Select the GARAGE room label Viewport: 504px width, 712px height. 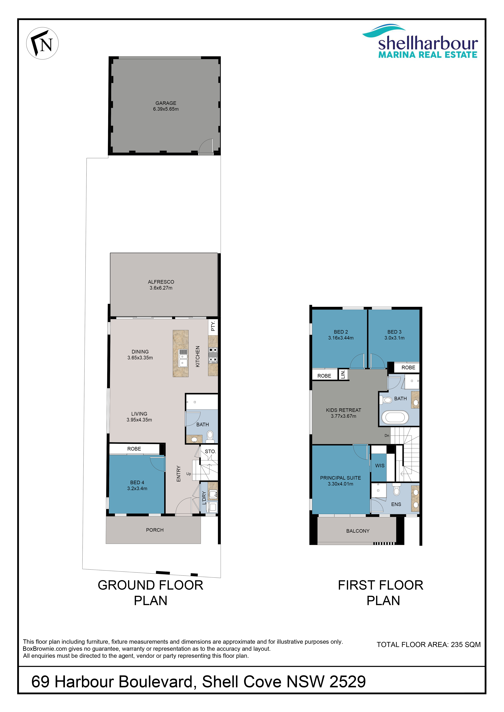coord(166,103)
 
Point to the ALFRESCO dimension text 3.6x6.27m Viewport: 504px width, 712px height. coord(161,288)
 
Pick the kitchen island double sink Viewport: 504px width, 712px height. coord(183,358)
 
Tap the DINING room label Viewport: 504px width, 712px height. coord(140,352)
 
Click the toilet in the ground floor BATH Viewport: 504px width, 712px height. coord(210,436)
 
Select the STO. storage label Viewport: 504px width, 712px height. coord(210,452)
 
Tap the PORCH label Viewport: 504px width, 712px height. coord(155,530)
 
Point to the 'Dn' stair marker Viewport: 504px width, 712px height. coord(387,435)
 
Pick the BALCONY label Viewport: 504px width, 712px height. coord(358,531)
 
